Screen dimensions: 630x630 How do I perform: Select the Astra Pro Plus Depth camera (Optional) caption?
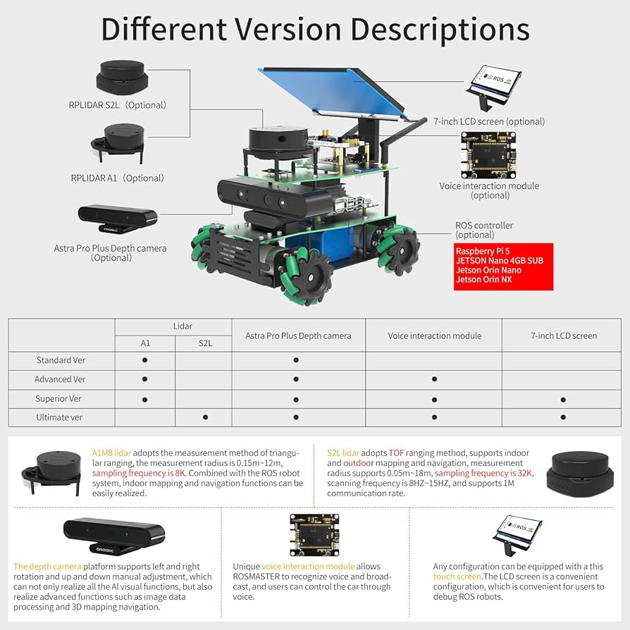point(111,253)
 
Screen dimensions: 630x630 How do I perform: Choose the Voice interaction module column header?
point(434,335)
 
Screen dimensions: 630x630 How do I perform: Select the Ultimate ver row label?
point(60,417)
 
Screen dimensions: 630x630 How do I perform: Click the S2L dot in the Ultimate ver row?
point(205,417)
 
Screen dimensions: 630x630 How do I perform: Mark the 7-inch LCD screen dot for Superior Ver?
point(564,398)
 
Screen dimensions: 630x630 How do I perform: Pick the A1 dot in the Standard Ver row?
point(144,360)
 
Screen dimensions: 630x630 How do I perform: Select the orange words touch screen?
point(457,576)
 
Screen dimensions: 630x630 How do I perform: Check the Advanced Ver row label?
point(61,379)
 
